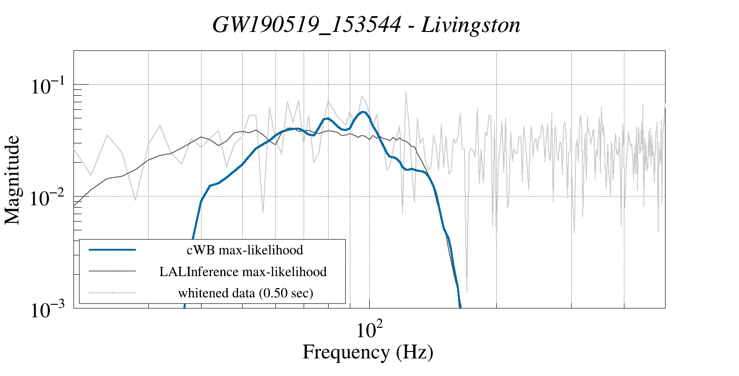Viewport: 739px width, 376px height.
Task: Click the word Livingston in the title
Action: coord(470,25)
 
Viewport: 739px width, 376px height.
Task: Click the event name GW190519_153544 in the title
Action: coord(306,25)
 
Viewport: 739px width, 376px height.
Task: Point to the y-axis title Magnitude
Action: coord(12,180)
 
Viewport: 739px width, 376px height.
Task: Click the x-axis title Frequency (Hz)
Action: coord(368,352)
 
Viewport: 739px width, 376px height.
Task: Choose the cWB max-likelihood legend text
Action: coord(244,250)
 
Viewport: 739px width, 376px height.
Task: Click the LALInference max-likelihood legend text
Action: coord(243,271)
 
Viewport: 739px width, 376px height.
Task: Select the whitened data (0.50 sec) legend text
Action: coord(245,293)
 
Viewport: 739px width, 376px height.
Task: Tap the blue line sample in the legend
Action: coord(112,250)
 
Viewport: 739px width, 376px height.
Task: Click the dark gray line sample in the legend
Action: coord(112,271)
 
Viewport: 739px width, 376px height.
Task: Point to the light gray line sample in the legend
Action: coord(112,293)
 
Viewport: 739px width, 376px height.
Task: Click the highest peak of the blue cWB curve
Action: coord(364,111)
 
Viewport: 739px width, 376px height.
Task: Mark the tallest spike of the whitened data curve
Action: coord(406,92)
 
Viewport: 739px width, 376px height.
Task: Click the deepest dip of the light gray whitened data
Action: coord(467,291)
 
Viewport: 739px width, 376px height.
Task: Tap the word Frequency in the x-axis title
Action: coord(346,352)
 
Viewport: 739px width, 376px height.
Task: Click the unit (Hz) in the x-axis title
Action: coord(415,352)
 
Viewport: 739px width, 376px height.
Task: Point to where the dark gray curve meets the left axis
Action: coord(74,206)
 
